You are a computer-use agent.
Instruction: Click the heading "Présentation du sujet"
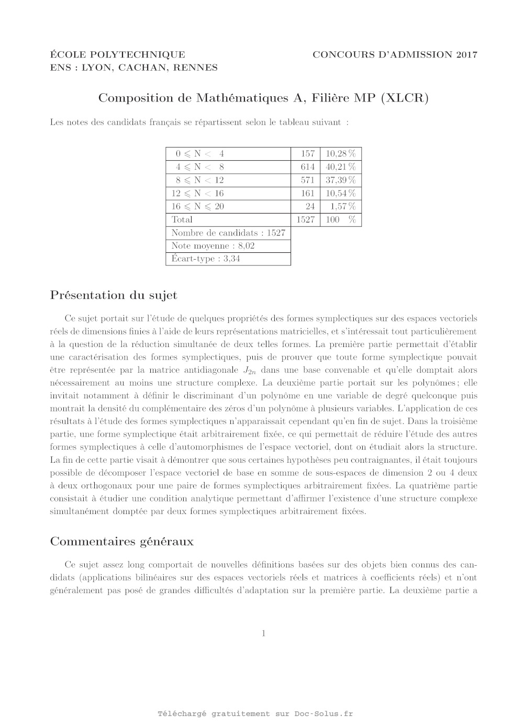click(x=114, y=295)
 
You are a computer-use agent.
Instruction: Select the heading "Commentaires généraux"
click(x=121, y=541)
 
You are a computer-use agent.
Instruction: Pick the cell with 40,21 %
click(x=340, y=167)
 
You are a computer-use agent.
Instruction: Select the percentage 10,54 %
click(x=340, y=193)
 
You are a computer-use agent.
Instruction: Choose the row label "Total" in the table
click(x=182, y=219)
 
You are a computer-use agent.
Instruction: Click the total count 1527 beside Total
click(x=305, y=219)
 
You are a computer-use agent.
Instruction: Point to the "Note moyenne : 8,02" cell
click(x=213, y=245)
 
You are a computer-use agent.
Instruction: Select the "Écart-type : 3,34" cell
click(x=206, y=259)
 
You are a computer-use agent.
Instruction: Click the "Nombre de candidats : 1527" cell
click(x=228, y=232)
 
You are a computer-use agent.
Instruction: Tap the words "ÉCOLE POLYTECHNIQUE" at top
click(x=117, y=54)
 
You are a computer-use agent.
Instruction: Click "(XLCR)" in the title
click(x=405, y=98)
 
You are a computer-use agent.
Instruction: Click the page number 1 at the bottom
click(x=264, y=633)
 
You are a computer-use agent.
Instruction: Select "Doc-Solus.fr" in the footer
click(x=324, y=713)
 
